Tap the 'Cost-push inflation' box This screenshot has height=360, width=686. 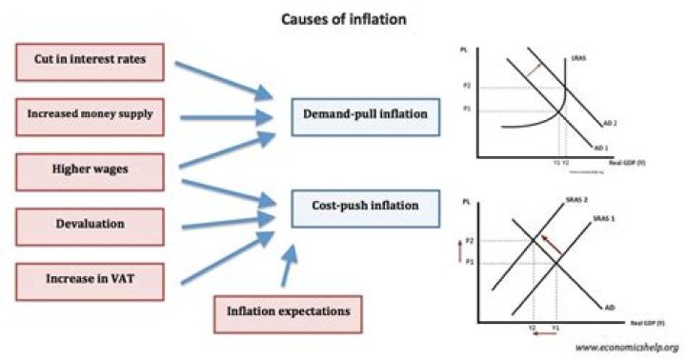[x=358, y=204]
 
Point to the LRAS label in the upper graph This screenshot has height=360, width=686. [x=579, y=60]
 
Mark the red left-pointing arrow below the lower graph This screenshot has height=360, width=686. [x=543, y=335]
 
